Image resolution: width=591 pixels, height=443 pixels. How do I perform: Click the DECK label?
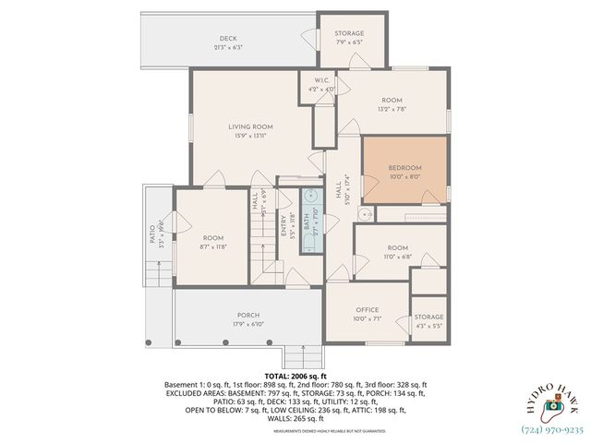tap(228, 38)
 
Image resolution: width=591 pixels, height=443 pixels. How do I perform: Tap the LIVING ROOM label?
tap(250, 126)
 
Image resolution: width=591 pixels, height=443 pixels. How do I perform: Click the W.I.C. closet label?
tap(322, 80)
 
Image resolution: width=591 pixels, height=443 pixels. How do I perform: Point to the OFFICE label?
tap(368, 310)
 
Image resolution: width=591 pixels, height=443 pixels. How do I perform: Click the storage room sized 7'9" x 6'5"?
tap(348, 37)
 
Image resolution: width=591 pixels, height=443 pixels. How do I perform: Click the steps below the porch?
tap(295, 354)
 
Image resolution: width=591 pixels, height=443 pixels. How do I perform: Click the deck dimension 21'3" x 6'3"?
tap(228, 47)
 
